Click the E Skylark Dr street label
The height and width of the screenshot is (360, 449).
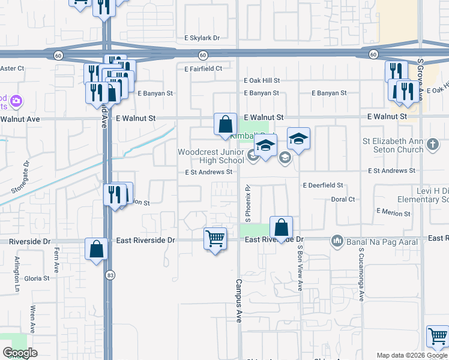click(202, 38)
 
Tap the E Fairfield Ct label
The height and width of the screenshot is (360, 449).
click(203, 68)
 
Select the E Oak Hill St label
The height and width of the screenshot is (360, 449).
click(262, 80)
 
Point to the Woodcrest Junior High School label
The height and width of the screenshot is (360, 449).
click(211, 156)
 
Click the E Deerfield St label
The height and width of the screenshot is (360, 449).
click(322, 186)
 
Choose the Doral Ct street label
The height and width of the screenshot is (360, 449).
click(343, 199)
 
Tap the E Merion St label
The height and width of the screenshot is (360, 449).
click(393, 212)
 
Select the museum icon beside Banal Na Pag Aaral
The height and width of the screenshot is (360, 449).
click(336, 242)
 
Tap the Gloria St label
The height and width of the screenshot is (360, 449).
click(37, 278)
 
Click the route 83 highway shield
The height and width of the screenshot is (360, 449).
click(109, 275)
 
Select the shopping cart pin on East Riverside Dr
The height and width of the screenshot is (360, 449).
click(215, 239)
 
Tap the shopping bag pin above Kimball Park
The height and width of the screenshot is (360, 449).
click(225, 125)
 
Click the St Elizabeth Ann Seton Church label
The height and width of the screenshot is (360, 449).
click(393, 145)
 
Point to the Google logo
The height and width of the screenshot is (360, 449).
click(20, 353)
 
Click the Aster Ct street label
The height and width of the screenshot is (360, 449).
click(12, 68)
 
